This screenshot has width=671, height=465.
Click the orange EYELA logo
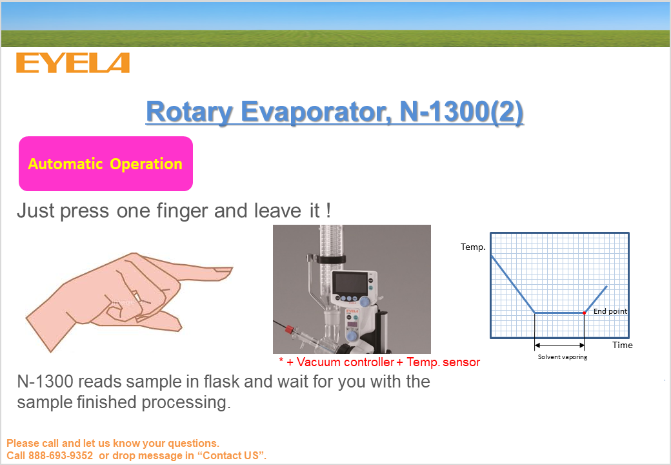click(x=73, y=63)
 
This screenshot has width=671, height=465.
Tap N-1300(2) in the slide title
click(x=461, y=112)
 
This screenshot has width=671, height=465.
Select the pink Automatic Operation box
click(x=106, y=163)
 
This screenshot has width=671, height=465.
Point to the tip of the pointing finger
click(x=232, y=270)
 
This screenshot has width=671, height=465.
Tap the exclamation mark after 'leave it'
click(x=328, y=211)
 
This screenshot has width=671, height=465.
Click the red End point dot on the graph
click(x=584, y=313)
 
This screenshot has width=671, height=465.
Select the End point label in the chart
click(x=610, y=311)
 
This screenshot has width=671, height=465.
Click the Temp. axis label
click(x=473, y=247)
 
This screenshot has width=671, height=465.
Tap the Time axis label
click(x=622, y=345)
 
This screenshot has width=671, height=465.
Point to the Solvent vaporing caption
click(x=563, y=357)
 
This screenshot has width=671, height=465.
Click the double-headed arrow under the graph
click(x=559, y=345)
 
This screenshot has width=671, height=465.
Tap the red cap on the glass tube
click(x=289, y=329)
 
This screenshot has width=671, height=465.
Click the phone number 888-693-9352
click(x=61, y=455)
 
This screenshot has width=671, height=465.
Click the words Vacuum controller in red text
click(x=345, y=362)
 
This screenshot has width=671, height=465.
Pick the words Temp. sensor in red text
click(x=443, y=362)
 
